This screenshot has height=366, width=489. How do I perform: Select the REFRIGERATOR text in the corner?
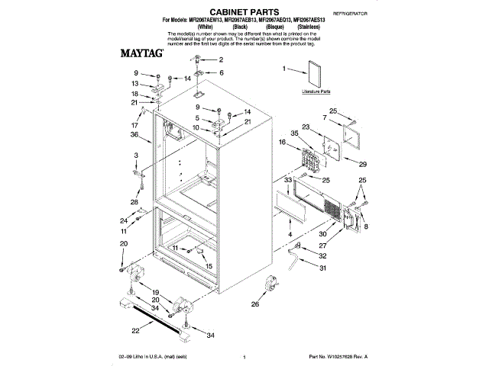tap(350, 14)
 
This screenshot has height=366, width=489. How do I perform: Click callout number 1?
tap(284, 69)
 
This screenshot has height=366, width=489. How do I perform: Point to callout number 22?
tap(136, 330)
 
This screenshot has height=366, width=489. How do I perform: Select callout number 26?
tap(255, 304)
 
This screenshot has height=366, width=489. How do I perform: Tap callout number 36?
tap(134, 135)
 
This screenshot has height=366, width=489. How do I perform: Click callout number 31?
tap(322, 268)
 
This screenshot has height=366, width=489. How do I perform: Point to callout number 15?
tap(209, 266)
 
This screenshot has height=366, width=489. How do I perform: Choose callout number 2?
tap(221, 59)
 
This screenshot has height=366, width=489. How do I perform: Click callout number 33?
tap(288, 180)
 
